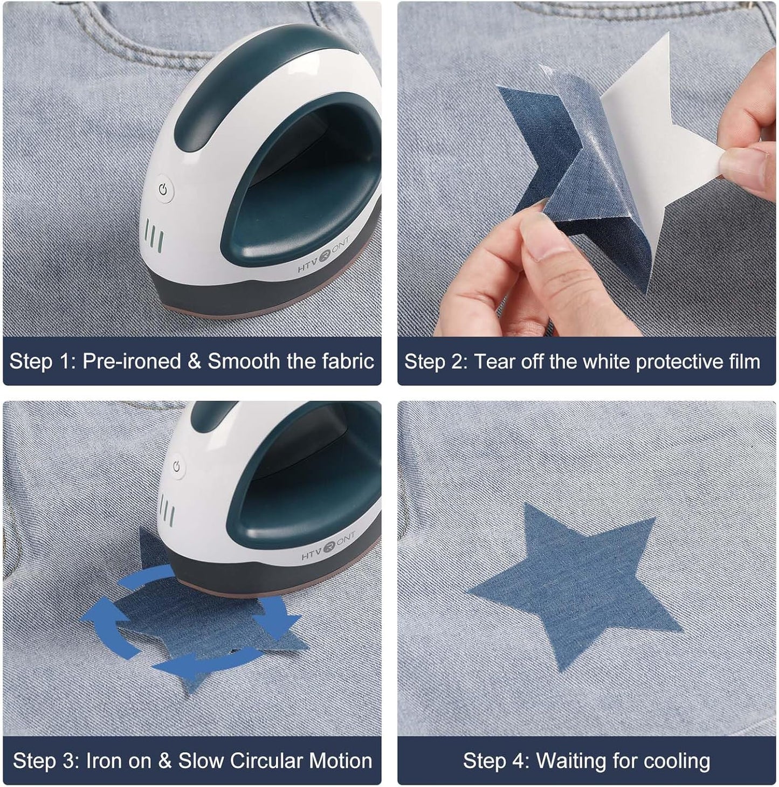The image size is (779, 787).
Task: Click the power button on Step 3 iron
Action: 177,467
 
